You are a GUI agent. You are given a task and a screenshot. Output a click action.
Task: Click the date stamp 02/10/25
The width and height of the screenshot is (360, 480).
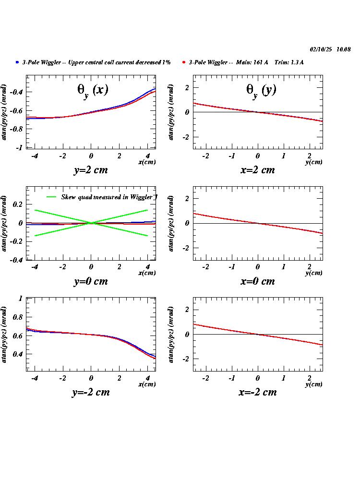321,49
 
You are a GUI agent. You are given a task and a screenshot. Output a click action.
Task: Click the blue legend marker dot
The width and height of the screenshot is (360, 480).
17,62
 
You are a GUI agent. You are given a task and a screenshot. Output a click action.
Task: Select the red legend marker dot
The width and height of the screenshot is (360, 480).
184,62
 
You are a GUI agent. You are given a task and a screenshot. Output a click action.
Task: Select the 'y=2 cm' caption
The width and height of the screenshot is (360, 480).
91,170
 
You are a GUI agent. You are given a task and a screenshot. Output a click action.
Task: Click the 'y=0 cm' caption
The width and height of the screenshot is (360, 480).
91,281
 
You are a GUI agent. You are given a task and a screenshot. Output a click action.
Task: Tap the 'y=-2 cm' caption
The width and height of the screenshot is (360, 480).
91,392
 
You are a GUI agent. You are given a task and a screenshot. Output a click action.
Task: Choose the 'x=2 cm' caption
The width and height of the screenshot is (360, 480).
258,170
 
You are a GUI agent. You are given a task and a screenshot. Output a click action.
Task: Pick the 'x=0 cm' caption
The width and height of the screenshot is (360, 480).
258,281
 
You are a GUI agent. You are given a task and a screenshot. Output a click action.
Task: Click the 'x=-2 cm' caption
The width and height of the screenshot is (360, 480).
258,392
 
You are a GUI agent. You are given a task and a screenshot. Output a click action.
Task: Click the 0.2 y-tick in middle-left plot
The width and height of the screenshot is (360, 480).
18,204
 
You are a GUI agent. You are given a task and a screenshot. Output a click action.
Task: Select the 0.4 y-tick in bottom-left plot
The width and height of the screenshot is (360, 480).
18,354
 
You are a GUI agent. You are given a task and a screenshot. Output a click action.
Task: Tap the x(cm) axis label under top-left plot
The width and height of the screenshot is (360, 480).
147,162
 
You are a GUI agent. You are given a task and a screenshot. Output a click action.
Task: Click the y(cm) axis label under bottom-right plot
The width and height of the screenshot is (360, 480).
314,384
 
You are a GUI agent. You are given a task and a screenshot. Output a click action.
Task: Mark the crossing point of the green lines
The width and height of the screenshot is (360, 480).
91,223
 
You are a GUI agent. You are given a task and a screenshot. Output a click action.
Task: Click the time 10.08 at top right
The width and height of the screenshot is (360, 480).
344,49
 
